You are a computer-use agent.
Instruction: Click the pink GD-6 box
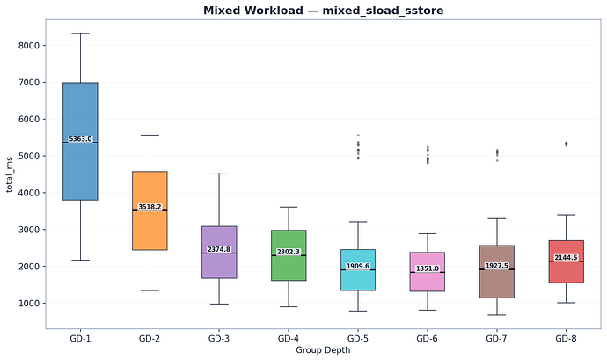428,282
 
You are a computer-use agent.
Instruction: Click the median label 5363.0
80,139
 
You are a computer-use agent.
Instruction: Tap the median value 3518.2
150,208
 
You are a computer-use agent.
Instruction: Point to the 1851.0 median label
428,268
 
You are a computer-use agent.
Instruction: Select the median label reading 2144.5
567,258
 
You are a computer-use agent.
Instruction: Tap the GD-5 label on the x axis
358,339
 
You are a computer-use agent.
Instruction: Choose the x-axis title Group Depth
323,350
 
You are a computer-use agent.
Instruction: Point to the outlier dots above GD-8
567,143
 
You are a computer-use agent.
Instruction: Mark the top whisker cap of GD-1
80,33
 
